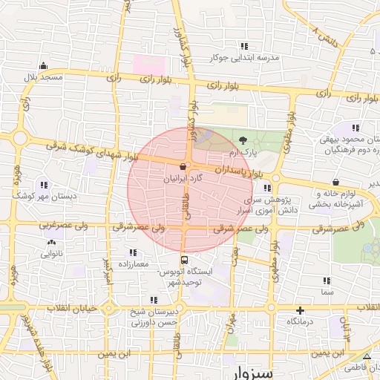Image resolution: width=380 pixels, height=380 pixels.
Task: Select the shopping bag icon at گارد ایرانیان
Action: point(183,168)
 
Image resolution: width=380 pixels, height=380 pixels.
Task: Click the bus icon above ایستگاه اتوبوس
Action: point(183,260)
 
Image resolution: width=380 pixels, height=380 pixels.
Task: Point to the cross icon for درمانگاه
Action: point(300,310)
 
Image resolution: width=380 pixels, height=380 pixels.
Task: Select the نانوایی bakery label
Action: point(51,254)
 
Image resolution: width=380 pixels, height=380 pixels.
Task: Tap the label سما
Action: point(327,293)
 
